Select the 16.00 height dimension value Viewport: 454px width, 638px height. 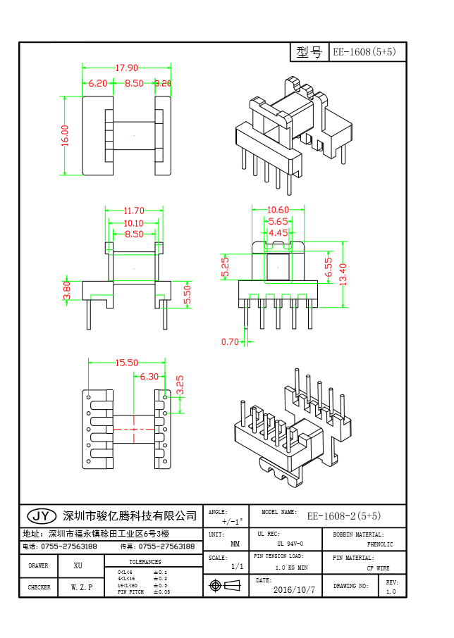(65, 135)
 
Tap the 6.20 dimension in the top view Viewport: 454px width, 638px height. (97, 83)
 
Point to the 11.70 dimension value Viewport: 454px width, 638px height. (134, 211)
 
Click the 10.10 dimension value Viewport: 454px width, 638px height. (134, 223)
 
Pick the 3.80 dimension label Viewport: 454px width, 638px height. (67, 290)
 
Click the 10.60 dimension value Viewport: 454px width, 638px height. (278, 210)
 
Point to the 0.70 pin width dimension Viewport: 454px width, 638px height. (230, 342)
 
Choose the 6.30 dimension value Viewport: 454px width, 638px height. (149, 377)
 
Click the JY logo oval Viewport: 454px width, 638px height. (40, 515)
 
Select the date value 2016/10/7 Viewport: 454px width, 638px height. (294, 589)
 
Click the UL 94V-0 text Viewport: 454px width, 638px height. (290, 544)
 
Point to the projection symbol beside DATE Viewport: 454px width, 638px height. (216, 585)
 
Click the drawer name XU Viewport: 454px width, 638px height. (78, 565)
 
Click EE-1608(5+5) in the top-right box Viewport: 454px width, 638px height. (367, 52)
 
